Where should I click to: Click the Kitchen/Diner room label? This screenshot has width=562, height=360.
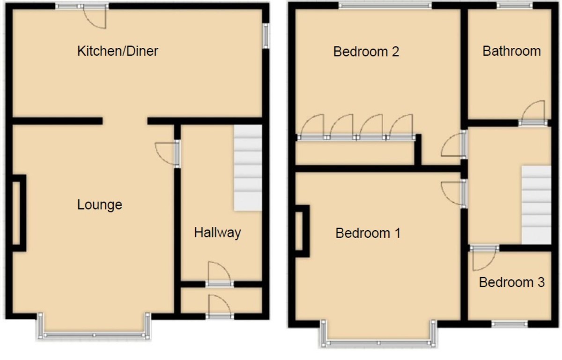click(x=118, y=51)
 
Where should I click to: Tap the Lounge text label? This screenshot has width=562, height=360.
click(x=100, y=205)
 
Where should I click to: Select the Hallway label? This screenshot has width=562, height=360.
click(x=217, y=232)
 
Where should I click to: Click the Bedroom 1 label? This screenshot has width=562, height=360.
click(x=368, y=233)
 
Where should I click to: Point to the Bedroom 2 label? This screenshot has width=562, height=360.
click(x=366, y=51)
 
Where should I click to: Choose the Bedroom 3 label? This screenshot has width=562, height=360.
click(x=511, y=282)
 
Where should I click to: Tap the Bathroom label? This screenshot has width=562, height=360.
click(x=511, y=51)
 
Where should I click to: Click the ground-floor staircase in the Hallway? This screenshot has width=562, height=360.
click(x=248, y=167)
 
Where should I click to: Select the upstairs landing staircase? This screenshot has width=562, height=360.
click(x=536, y=204)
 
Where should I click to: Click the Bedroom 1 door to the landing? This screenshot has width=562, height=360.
click(x=453, y=192)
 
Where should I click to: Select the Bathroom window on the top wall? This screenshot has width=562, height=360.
click(x=514, y=6)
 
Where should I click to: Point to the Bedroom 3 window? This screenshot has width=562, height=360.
click(x=509, y=323)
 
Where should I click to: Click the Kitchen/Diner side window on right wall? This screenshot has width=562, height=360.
click(x=266, y=36)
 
